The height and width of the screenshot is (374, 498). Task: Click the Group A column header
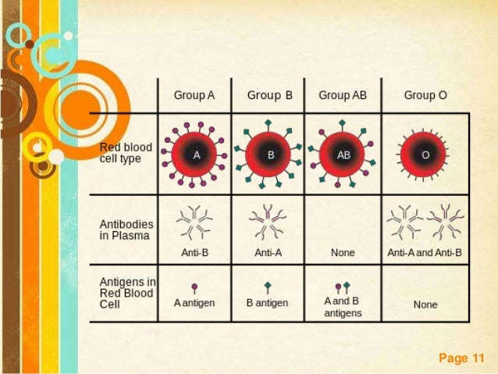[194, 95]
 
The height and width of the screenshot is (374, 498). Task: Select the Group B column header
[269, 95]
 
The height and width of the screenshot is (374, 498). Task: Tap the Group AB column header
[343, 95]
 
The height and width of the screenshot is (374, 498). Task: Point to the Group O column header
[425, 95]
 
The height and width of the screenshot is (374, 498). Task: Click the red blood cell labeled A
[196, 155]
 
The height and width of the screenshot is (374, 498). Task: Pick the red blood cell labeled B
[271, 155]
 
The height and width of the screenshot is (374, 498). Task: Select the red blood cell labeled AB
[343, 155]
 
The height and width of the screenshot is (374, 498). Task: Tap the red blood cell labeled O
[425, 155]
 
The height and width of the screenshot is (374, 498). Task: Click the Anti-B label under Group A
[194, 253]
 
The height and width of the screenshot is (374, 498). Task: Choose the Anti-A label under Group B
[269, 253]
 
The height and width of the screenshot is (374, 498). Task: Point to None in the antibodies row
[343, 253]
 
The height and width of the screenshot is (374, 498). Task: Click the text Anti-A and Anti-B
[425, 253]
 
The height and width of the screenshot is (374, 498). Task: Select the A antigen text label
[194, 303]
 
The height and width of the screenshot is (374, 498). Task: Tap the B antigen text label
[267, 303]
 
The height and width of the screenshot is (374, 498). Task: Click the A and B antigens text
[343, 307]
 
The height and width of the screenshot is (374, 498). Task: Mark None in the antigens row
[425, 305]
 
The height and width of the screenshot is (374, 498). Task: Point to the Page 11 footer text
[462, 358]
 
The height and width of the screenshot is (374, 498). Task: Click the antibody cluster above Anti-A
[269, 223]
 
